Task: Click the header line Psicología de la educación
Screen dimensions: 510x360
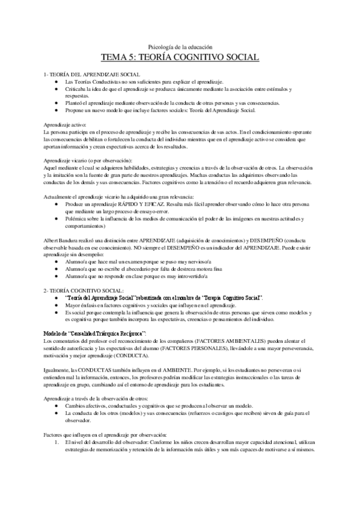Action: [x=180, y=46]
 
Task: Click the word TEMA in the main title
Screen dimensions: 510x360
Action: [x=115, y=57]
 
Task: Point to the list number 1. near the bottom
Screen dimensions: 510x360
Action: [x=56, y=442]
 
